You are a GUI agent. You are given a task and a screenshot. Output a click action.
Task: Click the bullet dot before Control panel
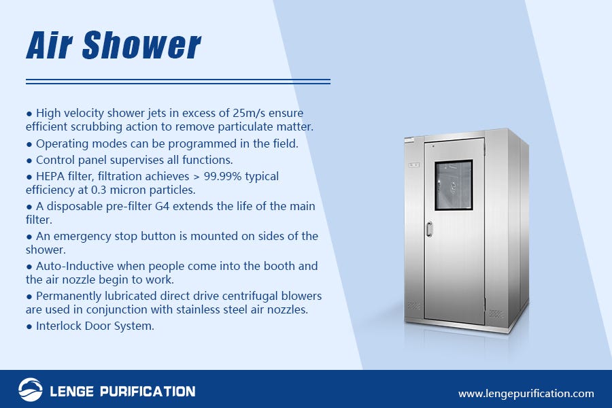[x=29, y=160]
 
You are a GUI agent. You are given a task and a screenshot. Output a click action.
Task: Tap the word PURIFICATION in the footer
[x=143, y=391]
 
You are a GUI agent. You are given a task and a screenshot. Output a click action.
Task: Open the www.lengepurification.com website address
[x=526, y=393]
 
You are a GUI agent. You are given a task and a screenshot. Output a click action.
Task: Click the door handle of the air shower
[x=429, y=229]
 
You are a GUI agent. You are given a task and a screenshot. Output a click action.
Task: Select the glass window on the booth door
[x=453, y=184]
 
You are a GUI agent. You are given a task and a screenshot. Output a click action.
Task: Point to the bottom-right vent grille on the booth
[x=495, y=314]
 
